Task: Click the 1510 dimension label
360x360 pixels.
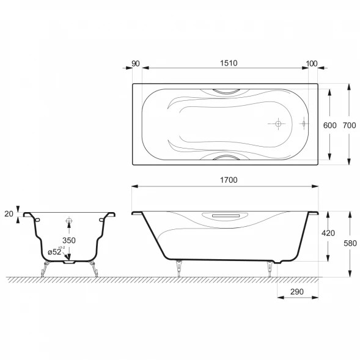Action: pos(229,63)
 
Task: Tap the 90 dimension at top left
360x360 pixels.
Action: pos(136,64)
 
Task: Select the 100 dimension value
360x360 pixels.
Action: pos(312,64)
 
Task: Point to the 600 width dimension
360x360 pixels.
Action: pos(329,125)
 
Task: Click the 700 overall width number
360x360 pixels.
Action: pos(350,125)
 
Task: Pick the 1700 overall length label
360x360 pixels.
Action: pos(229,180)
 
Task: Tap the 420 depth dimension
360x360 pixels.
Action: pos(328,233)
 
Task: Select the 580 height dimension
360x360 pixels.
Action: pos(350,243)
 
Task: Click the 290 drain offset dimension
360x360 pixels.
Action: pos(297,292)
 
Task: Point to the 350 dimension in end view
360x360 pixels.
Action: pos(69,240)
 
